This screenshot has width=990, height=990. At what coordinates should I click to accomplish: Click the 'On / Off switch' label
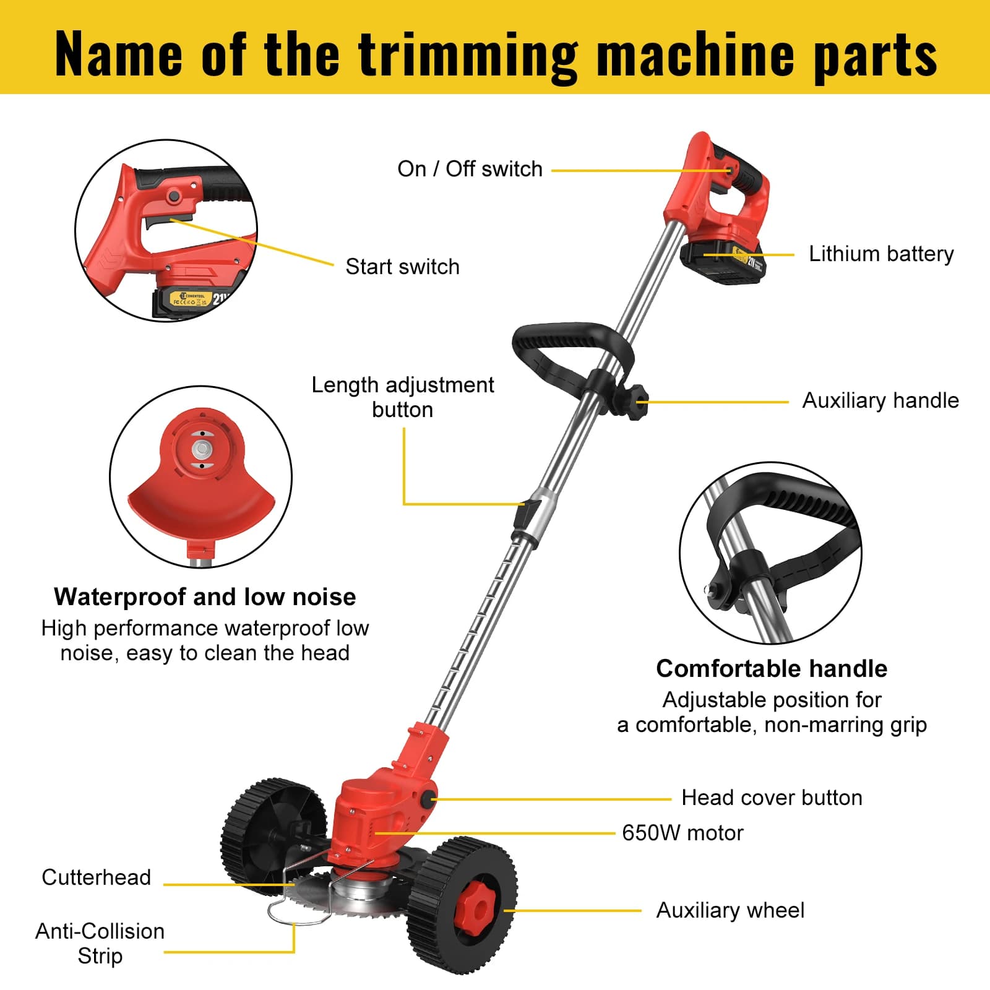coord(470,169)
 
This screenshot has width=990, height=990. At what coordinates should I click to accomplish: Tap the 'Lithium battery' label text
coord(881,254)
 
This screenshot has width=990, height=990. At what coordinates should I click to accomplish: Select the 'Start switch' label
coord(402,267)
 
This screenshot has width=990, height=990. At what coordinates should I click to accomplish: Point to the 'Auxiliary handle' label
coord(880,400)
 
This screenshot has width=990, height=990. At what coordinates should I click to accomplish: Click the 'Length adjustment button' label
coord(402,397)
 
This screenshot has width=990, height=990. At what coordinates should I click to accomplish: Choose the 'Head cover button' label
coord(772,798)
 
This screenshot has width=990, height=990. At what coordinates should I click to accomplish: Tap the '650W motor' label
coord(682,833)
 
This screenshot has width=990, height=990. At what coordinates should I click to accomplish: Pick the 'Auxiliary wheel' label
coord(730,910)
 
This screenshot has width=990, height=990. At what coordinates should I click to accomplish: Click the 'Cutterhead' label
coord(96,877)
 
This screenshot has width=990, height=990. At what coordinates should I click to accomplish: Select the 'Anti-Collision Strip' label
coord(100,944)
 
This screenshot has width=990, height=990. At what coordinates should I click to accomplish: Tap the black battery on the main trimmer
coord(723,262)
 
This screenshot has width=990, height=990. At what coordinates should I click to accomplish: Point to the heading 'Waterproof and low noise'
coord(205,596)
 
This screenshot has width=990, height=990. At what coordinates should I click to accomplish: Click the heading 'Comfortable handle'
coord(772,668)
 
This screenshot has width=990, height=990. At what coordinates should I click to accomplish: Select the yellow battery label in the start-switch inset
coord(192,299)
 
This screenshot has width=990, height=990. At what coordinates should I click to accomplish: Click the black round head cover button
coord(427,799)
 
